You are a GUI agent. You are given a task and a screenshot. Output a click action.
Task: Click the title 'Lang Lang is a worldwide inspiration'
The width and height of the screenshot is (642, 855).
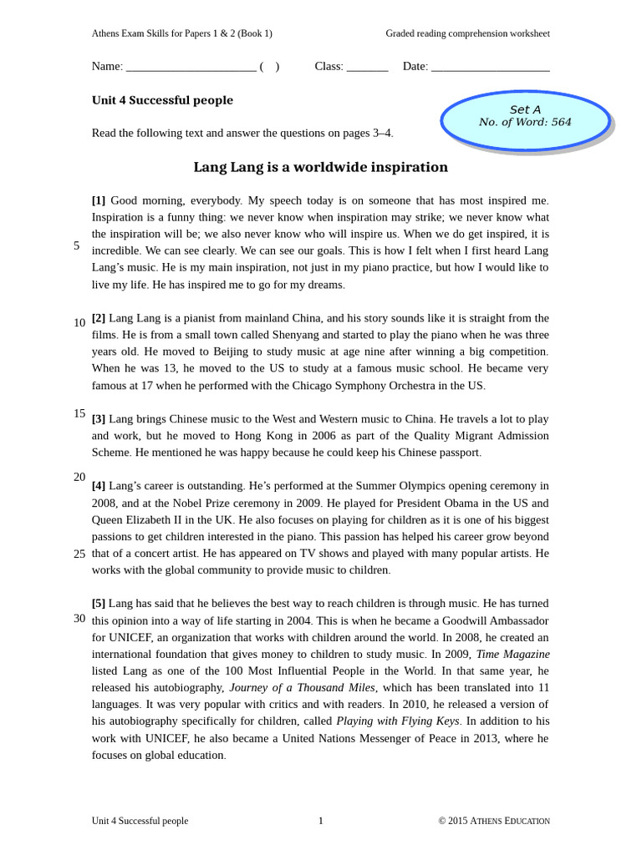320,167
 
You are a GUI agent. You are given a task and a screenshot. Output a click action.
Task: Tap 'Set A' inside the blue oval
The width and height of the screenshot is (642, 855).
525,109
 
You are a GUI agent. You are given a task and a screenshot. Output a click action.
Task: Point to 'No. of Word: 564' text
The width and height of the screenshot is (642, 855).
525,122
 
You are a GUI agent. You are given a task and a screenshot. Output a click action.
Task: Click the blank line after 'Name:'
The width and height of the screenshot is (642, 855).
191,67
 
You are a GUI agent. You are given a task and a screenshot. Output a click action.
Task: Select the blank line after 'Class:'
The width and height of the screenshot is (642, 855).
367,67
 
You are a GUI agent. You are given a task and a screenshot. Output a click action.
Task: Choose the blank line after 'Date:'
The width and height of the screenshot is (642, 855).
490,67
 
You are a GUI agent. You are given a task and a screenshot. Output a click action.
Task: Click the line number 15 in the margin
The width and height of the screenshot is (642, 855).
79,413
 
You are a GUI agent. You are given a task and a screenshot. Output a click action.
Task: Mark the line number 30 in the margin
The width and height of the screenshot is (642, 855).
79,618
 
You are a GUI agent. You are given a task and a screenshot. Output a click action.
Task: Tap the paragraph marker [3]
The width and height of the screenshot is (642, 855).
99,419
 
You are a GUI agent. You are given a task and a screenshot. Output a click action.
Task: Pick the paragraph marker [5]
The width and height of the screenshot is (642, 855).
99,603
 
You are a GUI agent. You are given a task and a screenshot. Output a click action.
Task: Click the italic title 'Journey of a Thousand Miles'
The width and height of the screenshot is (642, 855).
303,687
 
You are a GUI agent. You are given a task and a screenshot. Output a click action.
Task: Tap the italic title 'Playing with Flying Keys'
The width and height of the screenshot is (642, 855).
397,721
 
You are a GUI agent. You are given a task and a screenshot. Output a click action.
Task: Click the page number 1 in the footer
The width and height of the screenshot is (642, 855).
320,821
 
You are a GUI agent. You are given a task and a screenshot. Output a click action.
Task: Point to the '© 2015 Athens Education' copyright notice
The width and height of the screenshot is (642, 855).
494,821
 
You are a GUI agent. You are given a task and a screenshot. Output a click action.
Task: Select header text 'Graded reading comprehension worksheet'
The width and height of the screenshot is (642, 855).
467,33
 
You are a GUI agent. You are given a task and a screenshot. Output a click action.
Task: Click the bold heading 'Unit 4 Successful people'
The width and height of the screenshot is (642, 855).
162,100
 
